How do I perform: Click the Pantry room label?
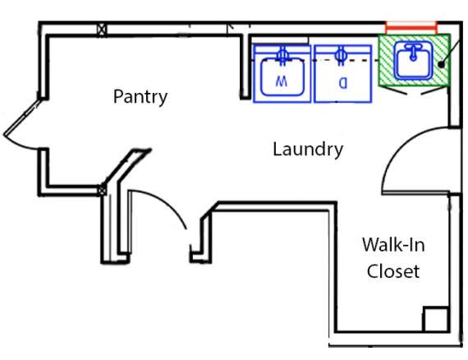140,97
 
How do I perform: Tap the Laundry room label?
308,150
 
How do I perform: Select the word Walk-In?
393,245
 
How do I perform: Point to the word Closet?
393,271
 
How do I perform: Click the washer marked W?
282,73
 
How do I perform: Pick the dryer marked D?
343,73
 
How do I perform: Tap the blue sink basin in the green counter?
413,61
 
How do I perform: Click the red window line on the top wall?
411,28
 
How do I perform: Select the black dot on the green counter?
441,64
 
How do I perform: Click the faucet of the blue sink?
413,52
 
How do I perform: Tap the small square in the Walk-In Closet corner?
436,319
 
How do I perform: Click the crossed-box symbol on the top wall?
102,30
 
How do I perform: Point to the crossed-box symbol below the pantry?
102,191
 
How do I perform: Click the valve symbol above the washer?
282,56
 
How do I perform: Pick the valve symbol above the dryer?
341,56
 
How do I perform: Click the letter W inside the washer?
282,81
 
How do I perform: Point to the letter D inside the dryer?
343,83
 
